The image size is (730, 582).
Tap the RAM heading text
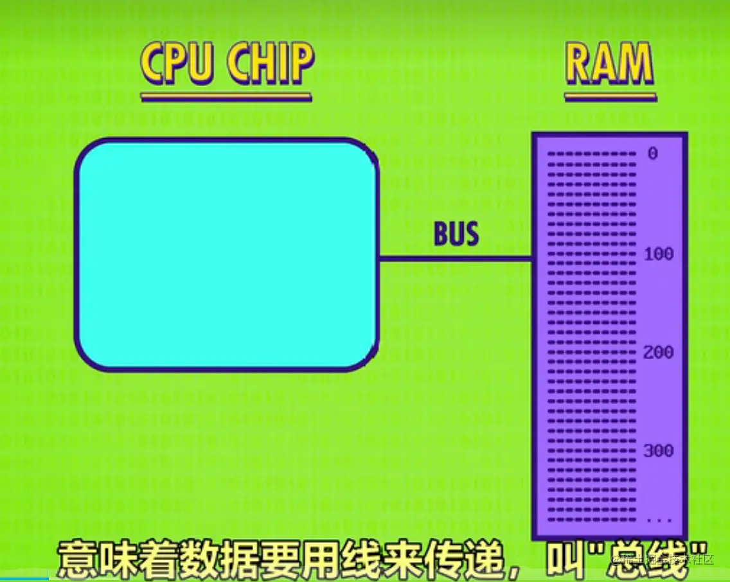609,64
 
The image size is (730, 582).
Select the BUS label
456,235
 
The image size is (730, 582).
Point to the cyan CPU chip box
226,254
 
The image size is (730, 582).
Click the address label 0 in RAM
653,154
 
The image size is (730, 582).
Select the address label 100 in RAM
659,254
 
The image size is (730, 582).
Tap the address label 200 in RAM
659,353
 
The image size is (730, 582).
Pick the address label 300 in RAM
659,451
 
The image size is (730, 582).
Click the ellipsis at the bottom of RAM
659,519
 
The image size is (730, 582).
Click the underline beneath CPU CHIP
226,98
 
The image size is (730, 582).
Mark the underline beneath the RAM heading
610,98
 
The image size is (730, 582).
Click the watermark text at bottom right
668,559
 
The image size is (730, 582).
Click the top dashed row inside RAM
591,154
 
